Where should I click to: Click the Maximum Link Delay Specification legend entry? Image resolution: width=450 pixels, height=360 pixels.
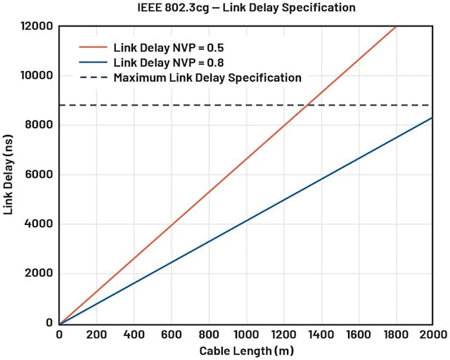(207, 78)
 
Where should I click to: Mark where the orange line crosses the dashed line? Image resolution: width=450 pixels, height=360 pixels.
(307, 105)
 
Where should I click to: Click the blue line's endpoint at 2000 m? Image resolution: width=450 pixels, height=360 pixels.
(431, 117)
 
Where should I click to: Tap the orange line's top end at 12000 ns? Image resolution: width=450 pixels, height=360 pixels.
(397, 27)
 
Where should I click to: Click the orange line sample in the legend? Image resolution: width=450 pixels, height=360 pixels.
(91, 48)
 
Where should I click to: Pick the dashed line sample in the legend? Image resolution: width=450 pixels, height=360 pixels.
(91, 78)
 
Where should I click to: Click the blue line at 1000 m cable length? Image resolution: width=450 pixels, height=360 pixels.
(245, 221)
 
